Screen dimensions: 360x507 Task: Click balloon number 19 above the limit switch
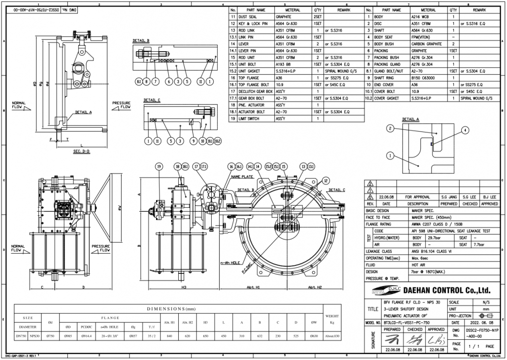point(159,166)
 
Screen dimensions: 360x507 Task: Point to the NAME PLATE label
point(242,176)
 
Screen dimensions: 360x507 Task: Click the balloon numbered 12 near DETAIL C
point(325,180)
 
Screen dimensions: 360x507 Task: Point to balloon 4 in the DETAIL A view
point(464,131)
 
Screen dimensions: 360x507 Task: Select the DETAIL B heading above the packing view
point(141,40)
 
